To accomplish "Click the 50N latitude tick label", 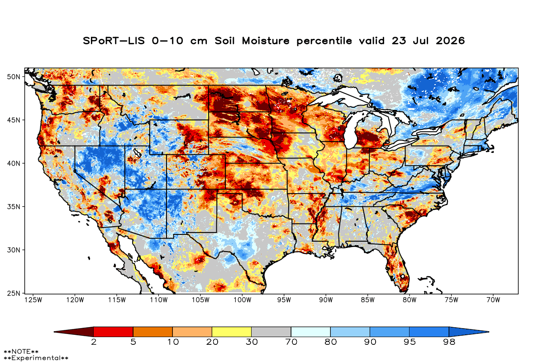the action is coord(14,77).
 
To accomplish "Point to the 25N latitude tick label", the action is coord(14,294).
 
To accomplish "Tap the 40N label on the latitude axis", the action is coord(14,163).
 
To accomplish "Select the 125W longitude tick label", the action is coord(33,300).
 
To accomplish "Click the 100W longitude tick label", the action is coord(243,300).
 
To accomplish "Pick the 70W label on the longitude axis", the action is coord(493,300).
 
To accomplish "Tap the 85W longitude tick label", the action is coord(368,300).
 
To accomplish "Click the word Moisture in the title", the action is coord(266,41).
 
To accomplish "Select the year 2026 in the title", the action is coord(450,41).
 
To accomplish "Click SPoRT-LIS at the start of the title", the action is coord(114,41).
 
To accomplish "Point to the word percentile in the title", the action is coord(324,41).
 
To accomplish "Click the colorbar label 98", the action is coord(449,342).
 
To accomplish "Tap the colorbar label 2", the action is coord(94,342).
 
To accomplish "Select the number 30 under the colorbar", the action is coord(252,342).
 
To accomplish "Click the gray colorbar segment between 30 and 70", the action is coord(271,332).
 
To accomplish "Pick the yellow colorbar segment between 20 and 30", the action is coord(232,332).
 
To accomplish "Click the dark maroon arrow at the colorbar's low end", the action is coord(74,332).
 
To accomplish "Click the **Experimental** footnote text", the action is coord(36,358).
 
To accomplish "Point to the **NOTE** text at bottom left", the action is coord(21,351).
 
